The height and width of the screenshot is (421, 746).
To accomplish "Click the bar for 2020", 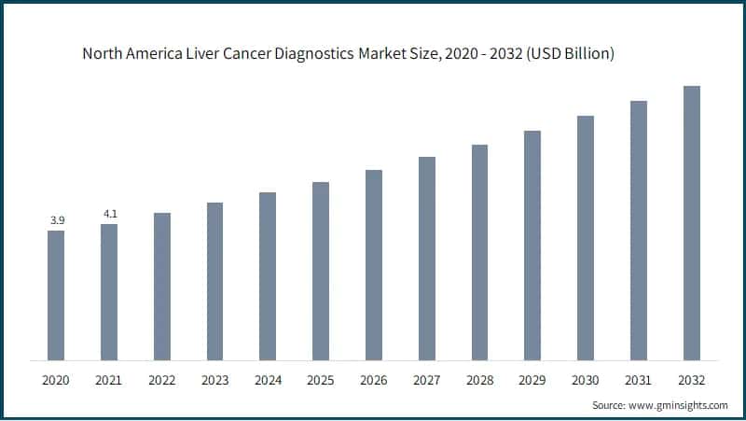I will coord(56,295).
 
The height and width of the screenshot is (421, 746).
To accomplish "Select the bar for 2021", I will coord(109,292).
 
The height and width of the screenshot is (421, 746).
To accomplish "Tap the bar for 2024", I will coord(268,276).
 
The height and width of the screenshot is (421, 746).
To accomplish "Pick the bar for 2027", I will coord(427,259).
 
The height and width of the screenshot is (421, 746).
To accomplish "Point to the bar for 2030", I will coord(586,238).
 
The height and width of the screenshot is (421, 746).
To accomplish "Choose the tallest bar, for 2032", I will coord(692,223).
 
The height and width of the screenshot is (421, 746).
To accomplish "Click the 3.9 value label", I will coord(56,220).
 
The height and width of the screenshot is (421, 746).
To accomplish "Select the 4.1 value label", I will coord(109,214).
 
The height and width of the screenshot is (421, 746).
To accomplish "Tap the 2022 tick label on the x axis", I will coord(162,380).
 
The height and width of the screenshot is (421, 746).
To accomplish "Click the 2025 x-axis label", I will coord(321,380).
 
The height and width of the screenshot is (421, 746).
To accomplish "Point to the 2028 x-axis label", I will coord(479,380).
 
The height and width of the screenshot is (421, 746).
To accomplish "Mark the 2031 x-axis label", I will coord(639,380).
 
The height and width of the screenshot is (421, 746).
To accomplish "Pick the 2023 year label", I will coord(214,380).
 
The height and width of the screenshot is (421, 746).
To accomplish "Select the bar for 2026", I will coord(374,265).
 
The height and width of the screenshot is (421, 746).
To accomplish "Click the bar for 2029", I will coord(532,246).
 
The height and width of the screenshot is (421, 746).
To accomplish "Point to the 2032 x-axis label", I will coord(692,380).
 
